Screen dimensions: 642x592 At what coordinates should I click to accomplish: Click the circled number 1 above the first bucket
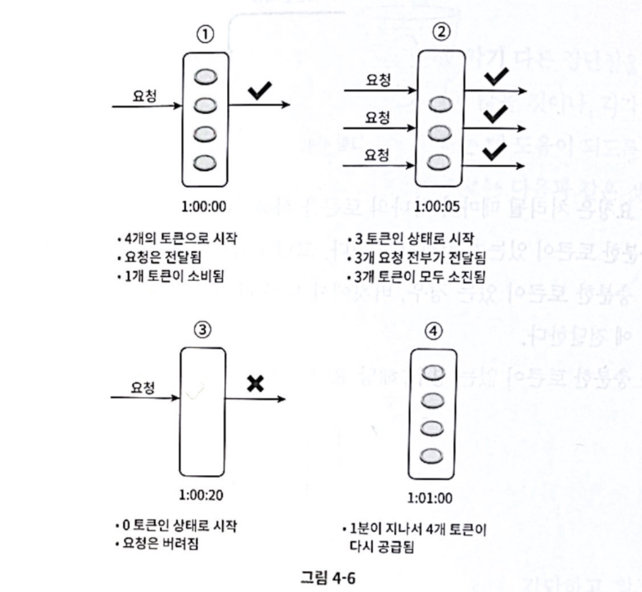point(205,35)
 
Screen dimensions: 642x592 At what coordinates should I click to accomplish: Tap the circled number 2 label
point(441,32)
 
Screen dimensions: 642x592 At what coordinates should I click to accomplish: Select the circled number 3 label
point(202,330)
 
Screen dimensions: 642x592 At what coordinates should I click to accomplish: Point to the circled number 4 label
point(433,331)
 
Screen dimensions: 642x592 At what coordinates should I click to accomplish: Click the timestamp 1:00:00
point(203,207)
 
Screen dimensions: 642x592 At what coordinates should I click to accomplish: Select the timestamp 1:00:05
point(437,207)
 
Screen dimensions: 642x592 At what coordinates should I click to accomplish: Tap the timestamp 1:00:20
point(201,495)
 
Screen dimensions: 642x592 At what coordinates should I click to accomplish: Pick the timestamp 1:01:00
point(429,498)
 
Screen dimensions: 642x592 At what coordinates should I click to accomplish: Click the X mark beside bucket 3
point(255,383)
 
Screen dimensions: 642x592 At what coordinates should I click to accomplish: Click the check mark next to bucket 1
point(260,90)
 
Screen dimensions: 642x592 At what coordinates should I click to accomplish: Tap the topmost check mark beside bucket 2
point(496,77)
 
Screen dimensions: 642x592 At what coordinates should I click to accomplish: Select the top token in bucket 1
point(205,77)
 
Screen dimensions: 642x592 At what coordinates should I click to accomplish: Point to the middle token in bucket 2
point(440,133)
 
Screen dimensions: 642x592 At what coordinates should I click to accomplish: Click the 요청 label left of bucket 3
point(143,387)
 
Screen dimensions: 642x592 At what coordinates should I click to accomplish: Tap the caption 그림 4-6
point(328,577)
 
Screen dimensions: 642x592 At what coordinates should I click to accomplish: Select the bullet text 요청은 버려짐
point(160,544)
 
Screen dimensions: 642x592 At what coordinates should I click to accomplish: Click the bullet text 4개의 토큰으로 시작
point(180,238)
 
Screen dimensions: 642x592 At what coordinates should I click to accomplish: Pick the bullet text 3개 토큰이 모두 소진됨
point(419,277)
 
